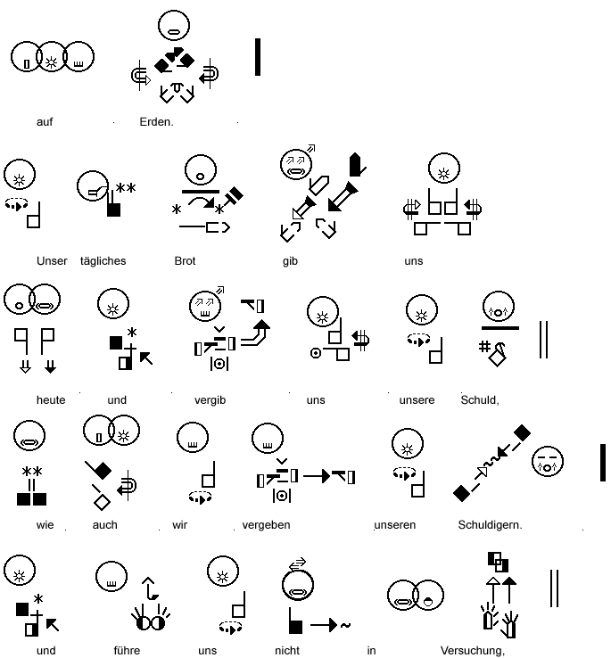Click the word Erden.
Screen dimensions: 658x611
pos(156,122)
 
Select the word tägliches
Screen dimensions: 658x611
pos(102,261)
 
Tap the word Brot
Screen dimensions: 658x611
pos(185,261)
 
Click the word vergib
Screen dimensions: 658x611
pos(210,400)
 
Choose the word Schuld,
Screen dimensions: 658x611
pos(480,400)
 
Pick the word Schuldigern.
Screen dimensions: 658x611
pos(490,525)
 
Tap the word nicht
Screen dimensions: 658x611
pos(287,651)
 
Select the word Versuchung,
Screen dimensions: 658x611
pos(473,651)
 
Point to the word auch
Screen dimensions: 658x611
pos(104,525)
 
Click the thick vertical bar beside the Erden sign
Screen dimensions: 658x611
pos(258,56)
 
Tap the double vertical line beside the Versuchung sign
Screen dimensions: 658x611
pos(555,588)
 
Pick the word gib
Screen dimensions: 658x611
pos(289,261)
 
